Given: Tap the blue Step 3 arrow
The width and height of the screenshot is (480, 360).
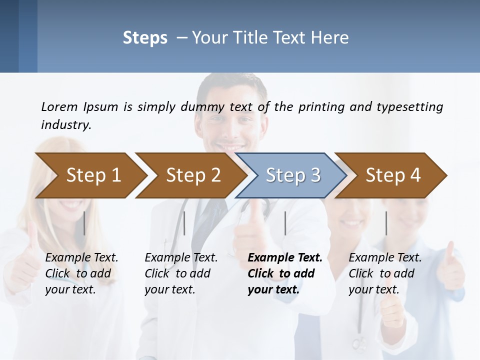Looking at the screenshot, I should click(x=293, y=175).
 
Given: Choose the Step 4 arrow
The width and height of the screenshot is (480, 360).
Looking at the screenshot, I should click(x=393, y=175).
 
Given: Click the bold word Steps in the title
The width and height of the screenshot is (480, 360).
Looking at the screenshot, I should click(x=145, y=38).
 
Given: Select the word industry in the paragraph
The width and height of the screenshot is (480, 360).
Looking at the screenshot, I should click(x=65, y=124).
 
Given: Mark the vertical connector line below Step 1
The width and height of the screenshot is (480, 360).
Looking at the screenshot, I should click(x=84, y=223).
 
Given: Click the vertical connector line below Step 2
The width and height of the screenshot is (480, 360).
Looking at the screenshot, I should click(x=184, y=223).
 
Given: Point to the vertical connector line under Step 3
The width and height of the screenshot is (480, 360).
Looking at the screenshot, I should click(x=285, y=223).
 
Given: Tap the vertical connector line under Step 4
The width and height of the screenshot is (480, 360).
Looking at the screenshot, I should click(x=386, y=223).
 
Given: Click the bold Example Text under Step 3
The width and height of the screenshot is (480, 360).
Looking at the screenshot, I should click(x=285, y=258).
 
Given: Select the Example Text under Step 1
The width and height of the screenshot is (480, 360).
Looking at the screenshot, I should click(x=81, y=258).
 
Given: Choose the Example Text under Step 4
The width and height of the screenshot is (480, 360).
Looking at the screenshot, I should click(x=385, y=258).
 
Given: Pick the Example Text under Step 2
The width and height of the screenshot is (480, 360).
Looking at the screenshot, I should click(x=181, y=258).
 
